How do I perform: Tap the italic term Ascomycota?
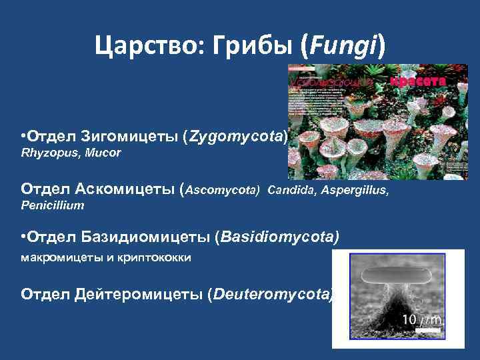pos(223,190)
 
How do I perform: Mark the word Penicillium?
pos(53,205)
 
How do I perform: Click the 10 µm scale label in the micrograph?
pos(420,321)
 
